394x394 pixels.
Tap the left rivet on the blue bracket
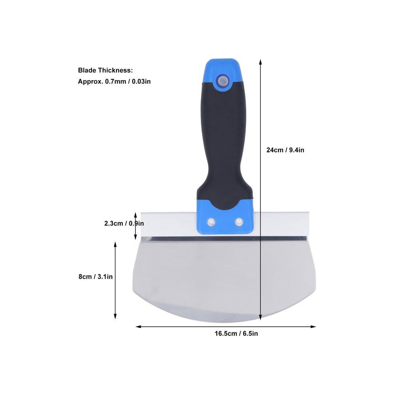coord(211,222)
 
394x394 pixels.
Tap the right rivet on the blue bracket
coord(238,222)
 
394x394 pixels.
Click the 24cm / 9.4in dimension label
coord(285,150)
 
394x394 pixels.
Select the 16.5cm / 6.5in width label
coord(236,334)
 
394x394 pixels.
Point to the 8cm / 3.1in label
coord(96,277)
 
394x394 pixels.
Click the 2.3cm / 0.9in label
coord(124,223)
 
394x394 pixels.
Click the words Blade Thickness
coord(105,70)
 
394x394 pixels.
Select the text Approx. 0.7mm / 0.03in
coord(114,82)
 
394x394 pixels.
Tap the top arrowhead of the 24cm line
coord(261,62)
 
